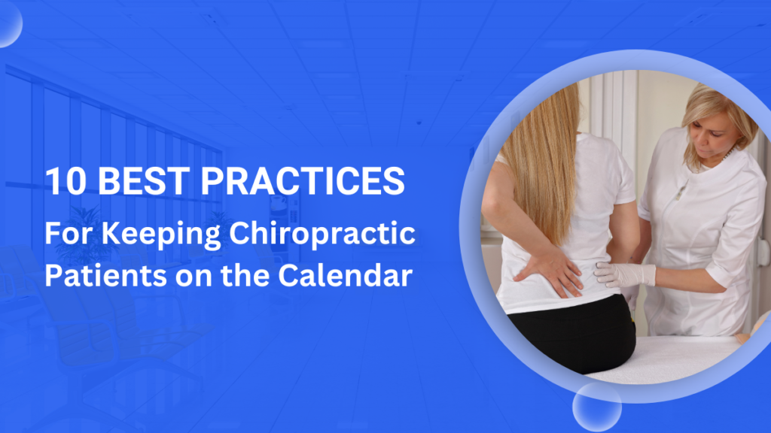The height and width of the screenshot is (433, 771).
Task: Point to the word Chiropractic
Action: coord(322,235)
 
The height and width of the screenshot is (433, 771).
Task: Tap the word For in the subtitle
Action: coord(65,235)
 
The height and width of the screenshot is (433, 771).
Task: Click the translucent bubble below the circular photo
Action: coord(596,407)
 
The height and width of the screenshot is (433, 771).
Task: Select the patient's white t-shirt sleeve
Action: coord(614,180)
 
